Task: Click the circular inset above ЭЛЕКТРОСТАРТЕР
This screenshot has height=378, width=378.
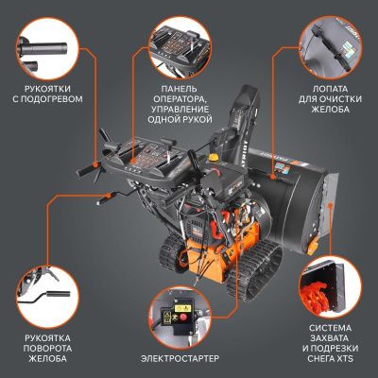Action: coord(188,307)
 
